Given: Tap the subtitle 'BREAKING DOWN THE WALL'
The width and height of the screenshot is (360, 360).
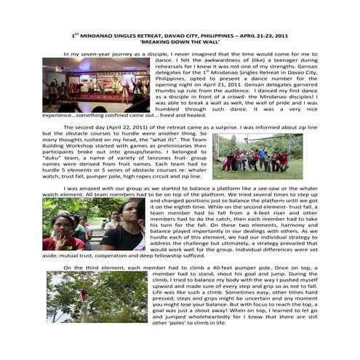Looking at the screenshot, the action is tap(180, 41).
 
